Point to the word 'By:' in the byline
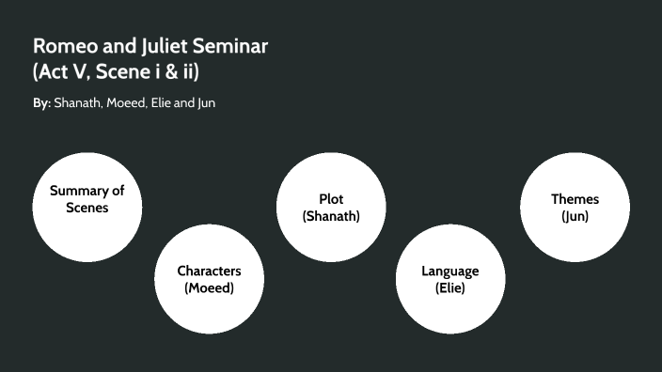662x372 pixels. coord(41,102)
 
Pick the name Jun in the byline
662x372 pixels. coord(205,102)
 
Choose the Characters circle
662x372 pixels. coord(209,279)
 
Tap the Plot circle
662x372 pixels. coord(331,207)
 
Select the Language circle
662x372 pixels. coord(450,279)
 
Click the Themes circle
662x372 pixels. coord(575,207)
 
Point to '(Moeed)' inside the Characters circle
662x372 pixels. coord(209,288)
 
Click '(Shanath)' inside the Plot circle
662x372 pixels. coord(331,217)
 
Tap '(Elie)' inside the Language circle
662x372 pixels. coord(450,288)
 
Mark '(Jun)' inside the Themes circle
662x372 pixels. coord(575,217)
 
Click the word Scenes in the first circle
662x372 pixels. coord(87,208)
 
